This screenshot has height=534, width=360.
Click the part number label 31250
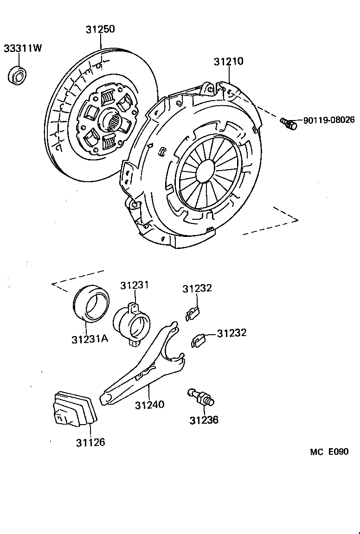coord(100,29)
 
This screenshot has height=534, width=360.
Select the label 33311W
coord(23,48)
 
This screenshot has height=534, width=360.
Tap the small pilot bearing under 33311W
coord(19,75)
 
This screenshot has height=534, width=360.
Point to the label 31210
coord(228,62)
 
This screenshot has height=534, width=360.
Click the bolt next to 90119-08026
coord(288,124)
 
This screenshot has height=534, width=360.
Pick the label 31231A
coord(90,339)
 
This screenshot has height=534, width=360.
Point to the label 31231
coord(135,285)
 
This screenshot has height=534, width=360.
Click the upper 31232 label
coord(197,288)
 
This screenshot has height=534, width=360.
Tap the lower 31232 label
coord(231,333)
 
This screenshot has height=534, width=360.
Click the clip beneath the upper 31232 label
coord(192,314)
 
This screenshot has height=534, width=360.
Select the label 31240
coord(149,405)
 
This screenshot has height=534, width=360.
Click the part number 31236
coord(204,420)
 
